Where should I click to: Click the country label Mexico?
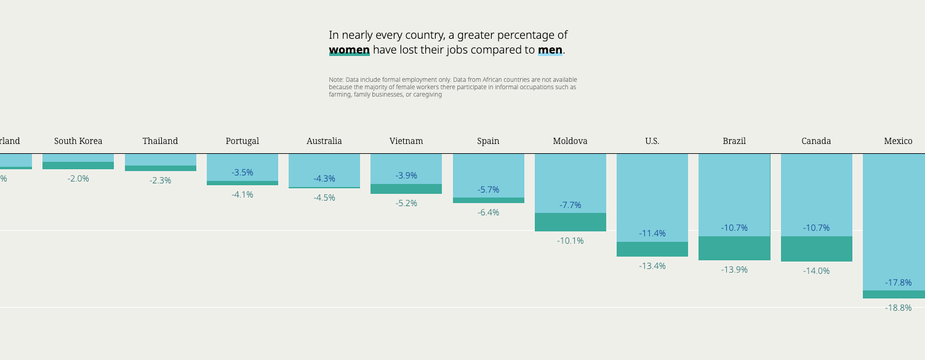[x=898, y=141]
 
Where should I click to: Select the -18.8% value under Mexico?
[x=898, y=308]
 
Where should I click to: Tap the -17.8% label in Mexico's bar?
[x=898, y=282]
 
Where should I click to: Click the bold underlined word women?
[x=349, y=50]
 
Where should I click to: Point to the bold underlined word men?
[x=550, y=50]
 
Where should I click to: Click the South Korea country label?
[x=78, y=141]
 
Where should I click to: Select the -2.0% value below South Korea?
[x=78, y=178]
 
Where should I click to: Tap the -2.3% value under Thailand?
[x=160, y=180]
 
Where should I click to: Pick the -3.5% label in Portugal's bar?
[x=242, y=172]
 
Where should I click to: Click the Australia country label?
[x=324, y=141]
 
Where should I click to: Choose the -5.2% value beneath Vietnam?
[x=406, y=203]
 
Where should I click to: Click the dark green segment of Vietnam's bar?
[x=406, y=189]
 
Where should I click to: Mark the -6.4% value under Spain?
[x=488, y=212]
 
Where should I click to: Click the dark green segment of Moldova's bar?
[x=571, y=222]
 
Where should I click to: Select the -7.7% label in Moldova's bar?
[x=571, y=205]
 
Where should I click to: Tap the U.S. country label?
[x=652, y=141]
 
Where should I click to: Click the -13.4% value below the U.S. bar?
[x=652, y=266]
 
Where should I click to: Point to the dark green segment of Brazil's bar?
[x=734, y=248]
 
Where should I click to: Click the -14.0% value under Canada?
[x=816, y=271]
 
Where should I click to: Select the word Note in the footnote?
[x=335, y=80]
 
